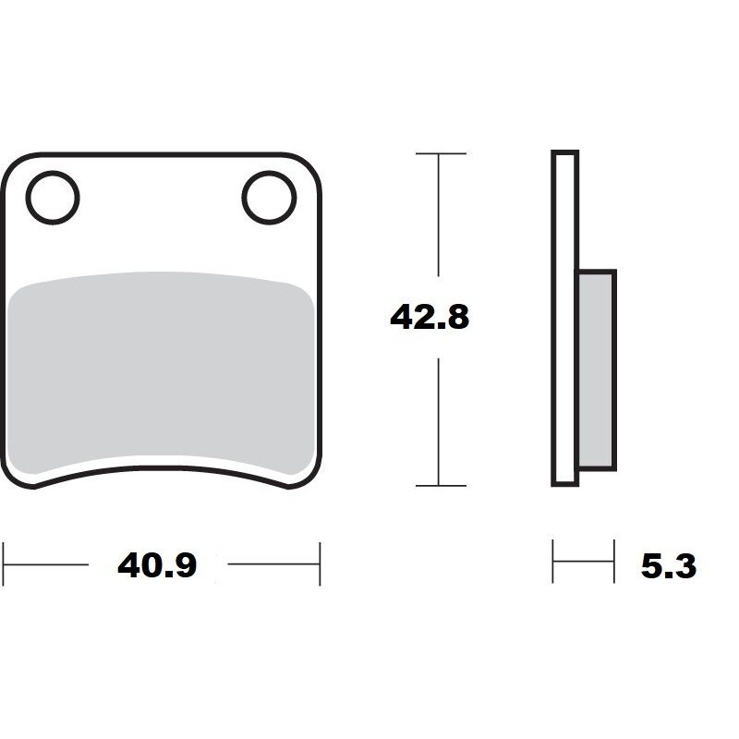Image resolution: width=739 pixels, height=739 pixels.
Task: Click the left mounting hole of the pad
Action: click(x=53, y=198)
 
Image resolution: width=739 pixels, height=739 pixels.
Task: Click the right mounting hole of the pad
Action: click(x=269, y=198)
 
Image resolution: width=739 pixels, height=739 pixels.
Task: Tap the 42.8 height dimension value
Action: click(x=430, y=318)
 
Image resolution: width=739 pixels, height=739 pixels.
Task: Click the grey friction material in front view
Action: click(x=161, y=369)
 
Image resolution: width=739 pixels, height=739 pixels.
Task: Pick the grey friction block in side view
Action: click(x=596, y=369)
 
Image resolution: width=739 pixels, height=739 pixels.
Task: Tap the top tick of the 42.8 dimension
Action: click(x=440, y=153)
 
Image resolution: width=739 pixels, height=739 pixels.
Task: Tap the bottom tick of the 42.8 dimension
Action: click(x=440, y=485)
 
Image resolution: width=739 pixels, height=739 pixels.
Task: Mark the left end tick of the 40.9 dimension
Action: click(x=4, y=563)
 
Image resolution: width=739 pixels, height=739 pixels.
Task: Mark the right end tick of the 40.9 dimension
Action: click(x=320, y=563)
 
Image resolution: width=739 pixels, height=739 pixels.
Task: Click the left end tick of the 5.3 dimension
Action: click(x=553, y=561)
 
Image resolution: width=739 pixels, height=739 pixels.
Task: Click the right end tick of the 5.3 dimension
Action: click(x=613, y=561)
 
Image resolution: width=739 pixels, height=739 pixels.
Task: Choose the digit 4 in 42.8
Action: click(x=400, y=318)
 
